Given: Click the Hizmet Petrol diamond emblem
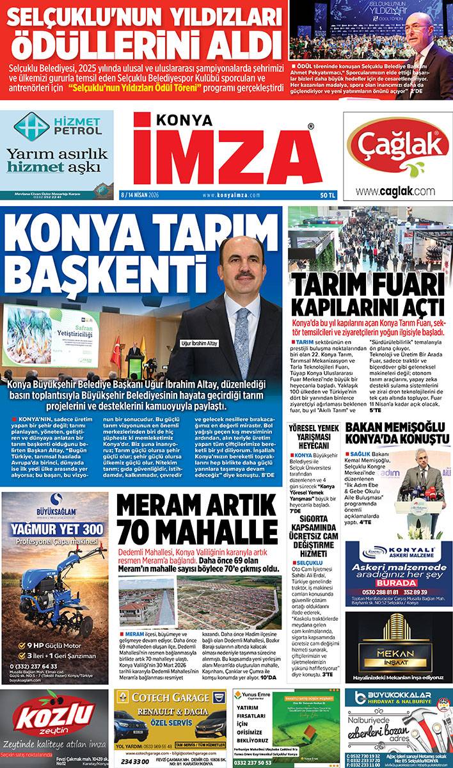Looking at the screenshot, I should coord(31,126).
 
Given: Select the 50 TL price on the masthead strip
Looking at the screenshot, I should coord(328,195).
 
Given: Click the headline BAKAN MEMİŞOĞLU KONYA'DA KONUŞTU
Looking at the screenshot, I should coord(396,434).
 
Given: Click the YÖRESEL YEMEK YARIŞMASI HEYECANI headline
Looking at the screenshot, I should coord(313,435).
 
